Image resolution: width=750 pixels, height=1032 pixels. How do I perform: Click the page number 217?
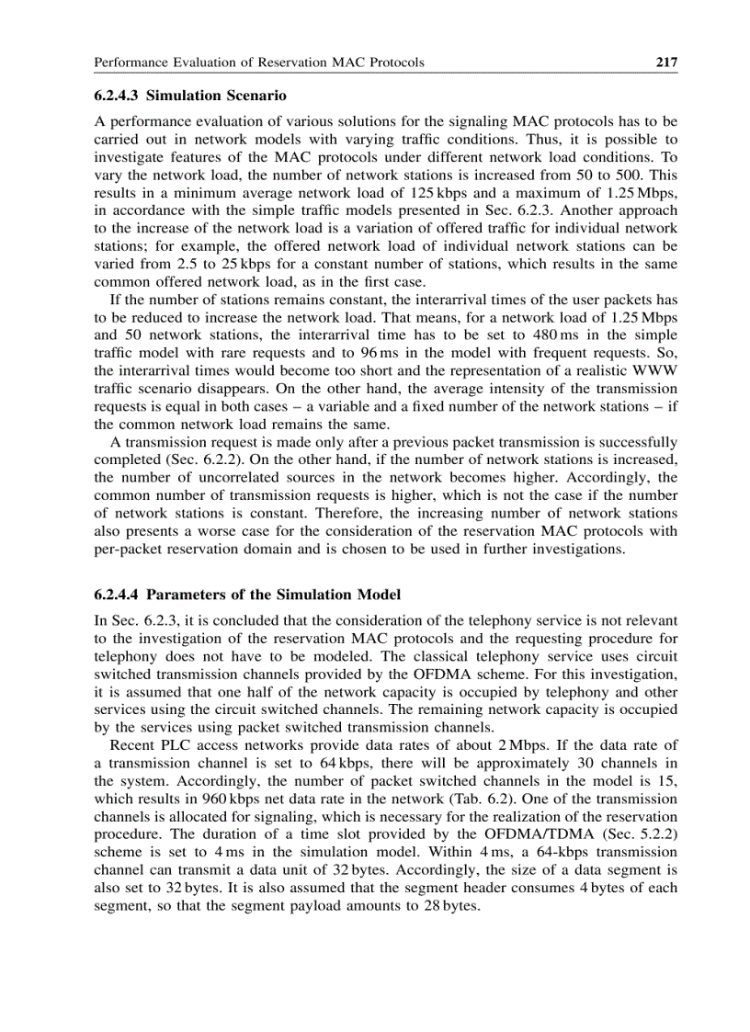coord(666,62)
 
